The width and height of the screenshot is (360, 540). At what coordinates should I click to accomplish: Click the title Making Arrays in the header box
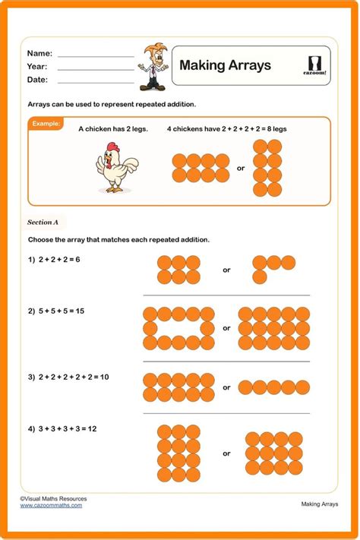click(225, 66)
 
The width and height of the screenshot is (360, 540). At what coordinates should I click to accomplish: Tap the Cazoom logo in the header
click(317, 65)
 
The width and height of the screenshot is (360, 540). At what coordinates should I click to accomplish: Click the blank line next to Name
click(95, 55)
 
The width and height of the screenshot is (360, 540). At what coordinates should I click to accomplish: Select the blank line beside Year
click(95, 68)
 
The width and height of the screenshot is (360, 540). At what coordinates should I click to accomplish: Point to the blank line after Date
click(95, 81)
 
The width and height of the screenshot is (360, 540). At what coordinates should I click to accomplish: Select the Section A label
click(43, 223)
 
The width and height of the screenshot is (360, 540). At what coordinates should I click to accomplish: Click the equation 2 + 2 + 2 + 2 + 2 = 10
click(68, 377)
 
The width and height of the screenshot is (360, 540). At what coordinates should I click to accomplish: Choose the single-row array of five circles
click(275, 387)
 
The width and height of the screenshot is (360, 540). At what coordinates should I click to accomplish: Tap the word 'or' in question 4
click(226, 453)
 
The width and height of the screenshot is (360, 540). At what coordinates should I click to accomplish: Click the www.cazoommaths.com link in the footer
click(51, 505)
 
